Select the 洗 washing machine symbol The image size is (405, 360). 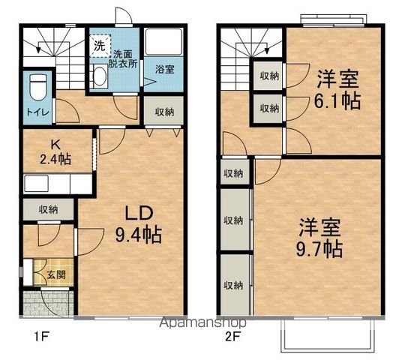pos(100,45)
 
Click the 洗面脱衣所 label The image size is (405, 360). pos(125,59)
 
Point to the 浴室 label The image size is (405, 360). pos(164,69)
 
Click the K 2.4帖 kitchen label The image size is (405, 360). pos(55,152)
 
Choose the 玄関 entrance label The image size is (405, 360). pos(55,275)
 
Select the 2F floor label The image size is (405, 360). pos(233,335)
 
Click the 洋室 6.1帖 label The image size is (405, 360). pos(337,89)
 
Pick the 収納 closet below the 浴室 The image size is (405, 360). pos(164,112)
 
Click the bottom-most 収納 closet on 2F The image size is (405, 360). pos(233,285)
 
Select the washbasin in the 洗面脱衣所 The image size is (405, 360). pos(100,73)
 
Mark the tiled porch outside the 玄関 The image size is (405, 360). pos(45,303)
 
